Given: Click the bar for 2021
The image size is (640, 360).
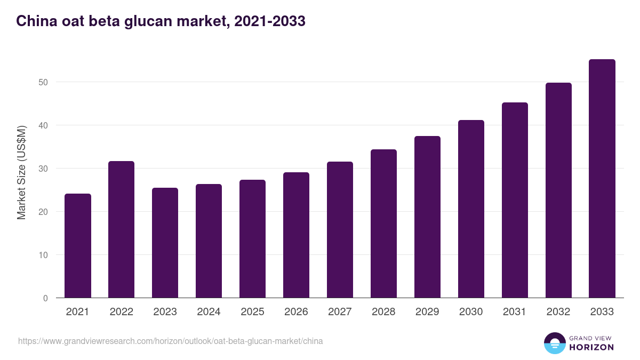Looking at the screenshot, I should (x=78, y=246).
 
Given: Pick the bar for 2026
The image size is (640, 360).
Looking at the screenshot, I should (x=296, y=235).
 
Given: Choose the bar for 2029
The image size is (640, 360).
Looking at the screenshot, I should (x=427, y=217).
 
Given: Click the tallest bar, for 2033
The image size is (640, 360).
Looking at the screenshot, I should (x=602, y=179).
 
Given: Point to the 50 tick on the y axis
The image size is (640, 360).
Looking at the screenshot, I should (x=43, y=82).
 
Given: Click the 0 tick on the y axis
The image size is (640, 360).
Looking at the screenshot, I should (x=45, y=298).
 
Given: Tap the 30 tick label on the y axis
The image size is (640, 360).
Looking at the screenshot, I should (x=43, y=169).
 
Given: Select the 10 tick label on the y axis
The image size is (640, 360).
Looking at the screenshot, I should (x=43, y=255).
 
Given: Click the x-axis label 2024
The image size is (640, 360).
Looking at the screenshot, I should (x=209, y=312).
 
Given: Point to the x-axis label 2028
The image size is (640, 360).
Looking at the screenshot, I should (x=383, y=312).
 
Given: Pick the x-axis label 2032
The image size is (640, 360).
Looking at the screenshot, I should (x=558, y=312).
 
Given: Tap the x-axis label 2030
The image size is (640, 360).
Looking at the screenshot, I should (x=471, y=312).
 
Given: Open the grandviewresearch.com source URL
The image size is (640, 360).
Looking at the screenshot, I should (x=170, y=341).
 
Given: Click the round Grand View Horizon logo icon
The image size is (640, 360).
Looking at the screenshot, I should (x=554, y=343).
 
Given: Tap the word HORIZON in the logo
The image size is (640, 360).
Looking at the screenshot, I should (x=591, y=347).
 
